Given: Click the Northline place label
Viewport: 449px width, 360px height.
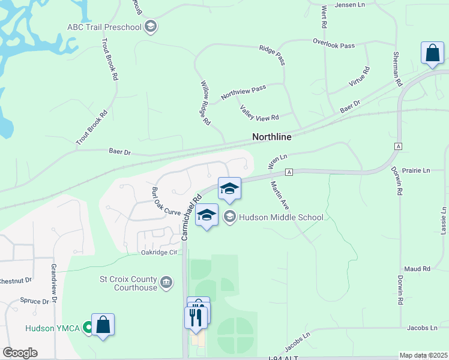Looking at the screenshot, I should point(271,137).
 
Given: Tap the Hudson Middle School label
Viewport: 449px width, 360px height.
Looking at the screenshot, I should point(281,217).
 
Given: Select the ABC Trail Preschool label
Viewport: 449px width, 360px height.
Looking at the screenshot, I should point(104,27).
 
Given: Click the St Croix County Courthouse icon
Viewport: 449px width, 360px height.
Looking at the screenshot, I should point(167,281).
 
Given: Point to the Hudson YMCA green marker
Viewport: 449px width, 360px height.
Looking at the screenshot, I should point(88,328).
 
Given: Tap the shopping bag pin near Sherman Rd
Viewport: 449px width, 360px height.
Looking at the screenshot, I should point(432,54).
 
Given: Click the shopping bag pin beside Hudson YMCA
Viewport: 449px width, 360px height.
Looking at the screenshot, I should point(103,325).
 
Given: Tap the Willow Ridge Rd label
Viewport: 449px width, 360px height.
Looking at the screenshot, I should point(205,103).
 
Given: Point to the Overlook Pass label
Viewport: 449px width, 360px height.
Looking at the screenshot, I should point(334,44).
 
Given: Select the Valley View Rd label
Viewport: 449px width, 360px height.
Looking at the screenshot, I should point(259,112).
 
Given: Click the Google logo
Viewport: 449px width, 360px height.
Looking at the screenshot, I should point(20,353).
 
